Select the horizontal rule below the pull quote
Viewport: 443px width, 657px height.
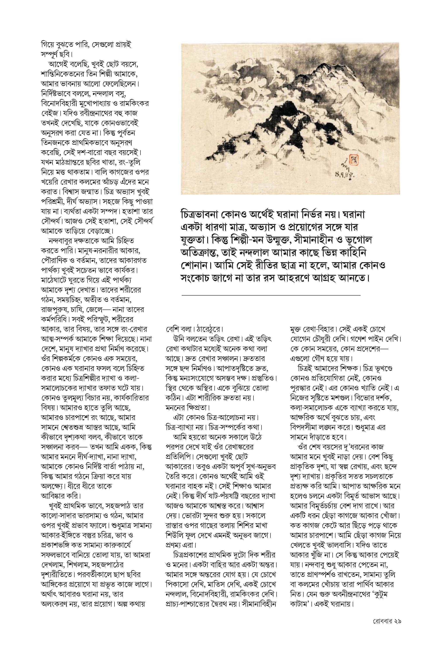pos(271,295)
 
